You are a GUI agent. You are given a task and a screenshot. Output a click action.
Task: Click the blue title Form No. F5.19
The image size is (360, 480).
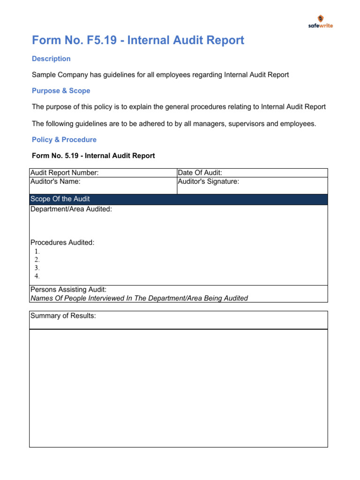pos(138,40)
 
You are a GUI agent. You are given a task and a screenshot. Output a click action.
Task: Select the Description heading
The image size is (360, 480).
pos(51,59)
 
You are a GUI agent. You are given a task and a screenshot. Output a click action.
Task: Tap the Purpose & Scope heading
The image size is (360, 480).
pos(61,90)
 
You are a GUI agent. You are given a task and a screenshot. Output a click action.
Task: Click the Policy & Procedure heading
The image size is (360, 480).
pos(64,140)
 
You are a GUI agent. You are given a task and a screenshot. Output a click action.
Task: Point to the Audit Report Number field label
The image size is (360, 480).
pos(64,173)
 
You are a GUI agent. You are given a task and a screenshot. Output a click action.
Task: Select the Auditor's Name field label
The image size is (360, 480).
pos(55,181)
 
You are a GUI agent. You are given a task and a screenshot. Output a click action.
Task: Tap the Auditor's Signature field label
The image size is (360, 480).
pos(208,181)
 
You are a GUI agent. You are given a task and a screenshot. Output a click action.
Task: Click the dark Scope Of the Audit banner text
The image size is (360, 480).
pos(60,199)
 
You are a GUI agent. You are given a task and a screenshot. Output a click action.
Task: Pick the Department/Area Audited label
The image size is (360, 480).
pos(71,209)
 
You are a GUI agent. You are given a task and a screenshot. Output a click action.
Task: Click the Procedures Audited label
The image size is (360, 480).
pos(62,242)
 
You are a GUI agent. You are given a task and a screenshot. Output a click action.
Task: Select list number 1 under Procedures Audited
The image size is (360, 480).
pos(37,251)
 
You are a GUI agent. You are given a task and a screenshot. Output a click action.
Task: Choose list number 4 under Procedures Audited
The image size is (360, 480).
pos(37,276)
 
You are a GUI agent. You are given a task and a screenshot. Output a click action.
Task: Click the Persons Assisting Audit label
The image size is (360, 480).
pos(68,290)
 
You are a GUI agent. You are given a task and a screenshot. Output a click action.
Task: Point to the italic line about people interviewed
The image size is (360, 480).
pos(139,298)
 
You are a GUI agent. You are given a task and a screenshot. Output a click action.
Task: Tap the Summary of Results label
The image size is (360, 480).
pos(63,315)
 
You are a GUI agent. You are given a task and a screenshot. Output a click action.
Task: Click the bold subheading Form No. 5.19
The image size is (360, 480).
pos(93,156)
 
